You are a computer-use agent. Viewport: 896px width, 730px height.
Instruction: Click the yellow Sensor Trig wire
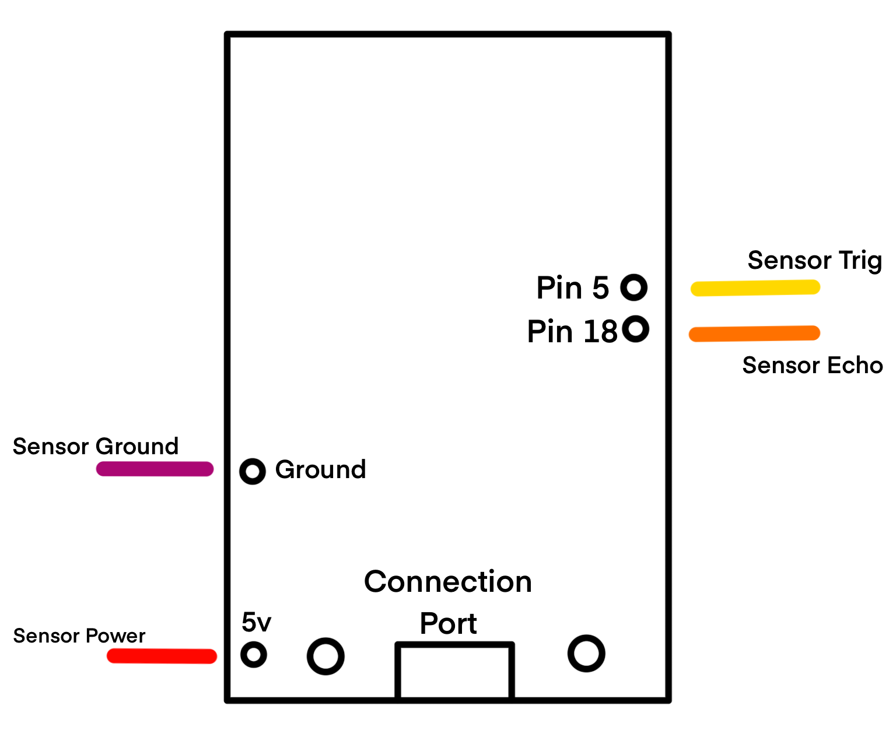click(x=755, y=288)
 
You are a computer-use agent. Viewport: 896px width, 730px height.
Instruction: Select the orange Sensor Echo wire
click(x=754, y=334)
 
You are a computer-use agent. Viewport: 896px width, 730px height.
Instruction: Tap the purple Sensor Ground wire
click(x=155, y=469)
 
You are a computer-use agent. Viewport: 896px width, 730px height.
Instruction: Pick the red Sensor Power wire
click(x=162, y=656)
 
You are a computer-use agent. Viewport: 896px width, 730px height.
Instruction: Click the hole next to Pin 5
click(x=633, y=287)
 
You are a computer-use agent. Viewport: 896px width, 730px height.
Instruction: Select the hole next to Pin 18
click(x=635, y=329)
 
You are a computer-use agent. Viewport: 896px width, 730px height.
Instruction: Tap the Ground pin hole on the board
click(x=253, y=471)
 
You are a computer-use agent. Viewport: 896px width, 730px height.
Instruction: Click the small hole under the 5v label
click(x=254, y=655)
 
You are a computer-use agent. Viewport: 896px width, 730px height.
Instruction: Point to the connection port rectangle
click(x=454, y=671)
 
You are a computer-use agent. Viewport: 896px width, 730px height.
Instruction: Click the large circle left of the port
click(x=325, y=656)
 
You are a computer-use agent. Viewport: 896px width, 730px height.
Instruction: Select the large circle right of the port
click(x=586, y=653)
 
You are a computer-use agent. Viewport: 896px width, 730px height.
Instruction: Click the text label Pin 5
click(x=572, y=288)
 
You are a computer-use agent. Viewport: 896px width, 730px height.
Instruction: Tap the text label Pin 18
click(x=572, y=332)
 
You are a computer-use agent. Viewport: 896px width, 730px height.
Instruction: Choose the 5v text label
click(x=256, y=623)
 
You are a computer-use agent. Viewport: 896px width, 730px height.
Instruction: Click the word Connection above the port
click(x=448, y=582)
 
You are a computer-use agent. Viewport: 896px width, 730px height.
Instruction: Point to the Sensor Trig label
click(x=814, y=261)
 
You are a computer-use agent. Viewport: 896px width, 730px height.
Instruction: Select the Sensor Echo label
click(x=812, y=366)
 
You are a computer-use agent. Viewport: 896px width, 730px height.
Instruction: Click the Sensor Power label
click(x=79, y=636)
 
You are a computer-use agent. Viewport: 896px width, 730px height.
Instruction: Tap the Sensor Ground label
click(x=96, y=447)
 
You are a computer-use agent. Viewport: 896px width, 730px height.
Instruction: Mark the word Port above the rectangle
click(x=448, y=624)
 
